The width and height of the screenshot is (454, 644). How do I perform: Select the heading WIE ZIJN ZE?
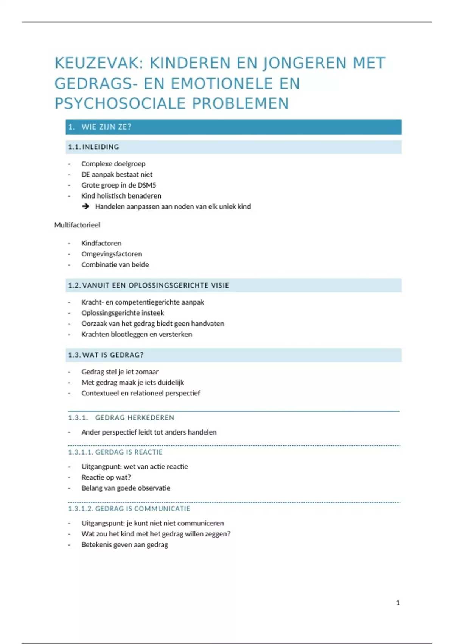[x=106, y=127]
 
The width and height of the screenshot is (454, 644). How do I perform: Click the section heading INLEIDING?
[x=101, y=147]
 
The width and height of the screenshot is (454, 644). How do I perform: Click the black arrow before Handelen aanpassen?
[x=86, y=206]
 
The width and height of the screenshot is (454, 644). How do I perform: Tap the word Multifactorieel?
[x=77, y=225]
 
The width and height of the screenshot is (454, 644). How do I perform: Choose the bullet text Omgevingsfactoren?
[x=112, y=254]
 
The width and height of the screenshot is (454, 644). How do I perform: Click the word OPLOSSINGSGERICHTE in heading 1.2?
[x=168, y=285]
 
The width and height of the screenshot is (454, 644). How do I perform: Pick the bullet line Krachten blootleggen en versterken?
[x=137, y=335]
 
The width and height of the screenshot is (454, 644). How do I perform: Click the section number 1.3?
[x=74, y=355]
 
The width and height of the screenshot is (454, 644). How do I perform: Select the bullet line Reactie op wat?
[x=106, y=477]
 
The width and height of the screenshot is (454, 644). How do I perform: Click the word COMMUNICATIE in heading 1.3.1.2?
[x=162, y=509]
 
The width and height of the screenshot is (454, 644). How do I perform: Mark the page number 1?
[x=398, y=603]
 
